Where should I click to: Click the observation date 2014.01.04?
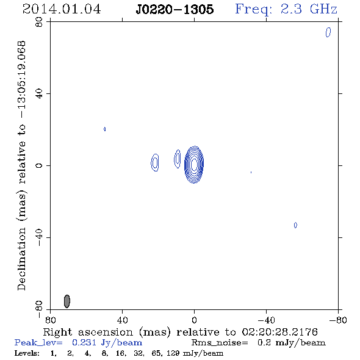point(62,9)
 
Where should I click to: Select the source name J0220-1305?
point(175,9)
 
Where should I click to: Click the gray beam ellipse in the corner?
point(67,301)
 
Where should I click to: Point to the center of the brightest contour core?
point(194,164)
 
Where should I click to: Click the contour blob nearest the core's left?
point(177,159)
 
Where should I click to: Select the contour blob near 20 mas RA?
point(155,162)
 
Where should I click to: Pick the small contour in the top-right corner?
point(328,32)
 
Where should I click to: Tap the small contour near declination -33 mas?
point(295,225)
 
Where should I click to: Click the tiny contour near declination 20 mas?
point(105,129)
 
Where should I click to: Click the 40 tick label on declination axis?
point(39,94)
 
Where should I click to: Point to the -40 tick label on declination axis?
point(39,237)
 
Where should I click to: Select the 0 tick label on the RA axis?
point(194,320)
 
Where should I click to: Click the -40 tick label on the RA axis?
point(266,320)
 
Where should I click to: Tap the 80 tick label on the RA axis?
point(50,320)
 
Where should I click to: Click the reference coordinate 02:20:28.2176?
point(280,332)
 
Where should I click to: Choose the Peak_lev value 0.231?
point(84,342)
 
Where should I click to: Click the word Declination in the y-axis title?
point(21,259)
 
